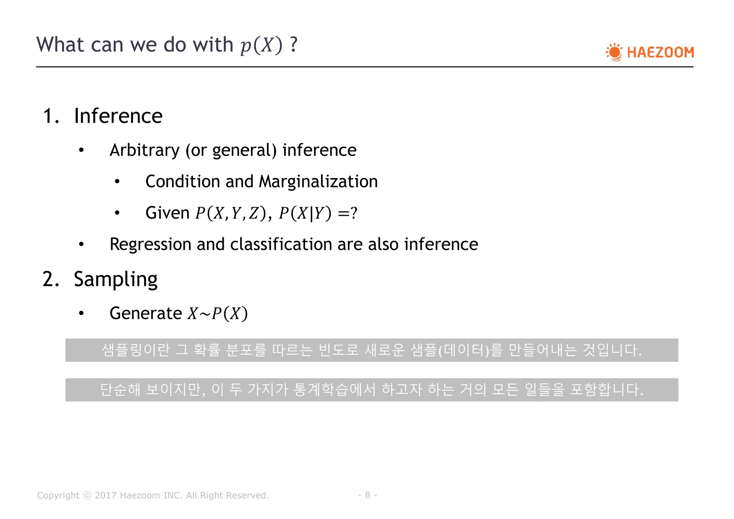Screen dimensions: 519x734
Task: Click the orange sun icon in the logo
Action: tap(615, 52)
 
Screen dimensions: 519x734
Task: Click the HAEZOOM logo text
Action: tap(660, 52)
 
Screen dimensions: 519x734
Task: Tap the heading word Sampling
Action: tap(115, 279)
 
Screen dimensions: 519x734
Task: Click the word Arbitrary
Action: tap(144, 150)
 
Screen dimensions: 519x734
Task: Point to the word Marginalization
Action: tap(318, 181)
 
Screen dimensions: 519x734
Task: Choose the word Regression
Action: tap(150, 244)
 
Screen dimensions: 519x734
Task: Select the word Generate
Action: tap(146, 313)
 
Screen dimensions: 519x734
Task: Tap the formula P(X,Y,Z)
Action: tap(231, 213)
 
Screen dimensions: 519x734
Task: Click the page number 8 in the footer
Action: tap(367, 495)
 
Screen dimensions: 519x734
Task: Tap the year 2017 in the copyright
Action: tap(105, 495)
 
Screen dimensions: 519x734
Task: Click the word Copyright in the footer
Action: tap(58, 495)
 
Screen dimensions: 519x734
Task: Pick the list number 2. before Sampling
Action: tap(51, 279)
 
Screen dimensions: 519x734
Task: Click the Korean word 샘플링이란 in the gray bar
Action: tap(135, 350)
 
